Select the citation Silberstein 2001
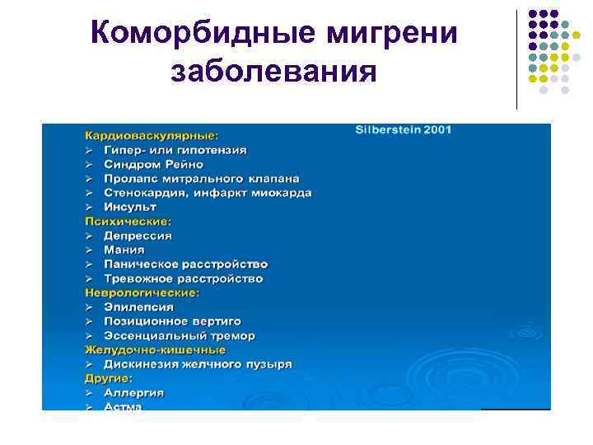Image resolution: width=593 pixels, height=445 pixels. coord(404,130)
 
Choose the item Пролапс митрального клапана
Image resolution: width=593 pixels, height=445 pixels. coord(201,178)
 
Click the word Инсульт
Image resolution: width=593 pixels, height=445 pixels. coord(129,207)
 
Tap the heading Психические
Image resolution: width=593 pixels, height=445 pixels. coord(128,221)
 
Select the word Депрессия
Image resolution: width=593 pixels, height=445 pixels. coord(138,236)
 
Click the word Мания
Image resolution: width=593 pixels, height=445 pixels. coord(124,250)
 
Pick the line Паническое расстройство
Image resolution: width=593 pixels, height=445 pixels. coord(185,264)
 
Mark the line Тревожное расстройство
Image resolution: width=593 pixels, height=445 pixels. coord(183,279)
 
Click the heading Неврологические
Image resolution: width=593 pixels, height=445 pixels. coord(142,293)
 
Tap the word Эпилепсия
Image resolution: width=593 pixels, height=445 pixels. coord(138,307)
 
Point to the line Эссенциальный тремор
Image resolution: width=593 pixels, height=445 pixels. coord(179,335)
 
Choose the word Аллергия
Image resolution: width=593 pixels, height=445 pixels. coord(133,392)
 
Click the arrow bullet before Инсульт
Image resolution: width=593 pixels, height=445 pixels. coord(89,207)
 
